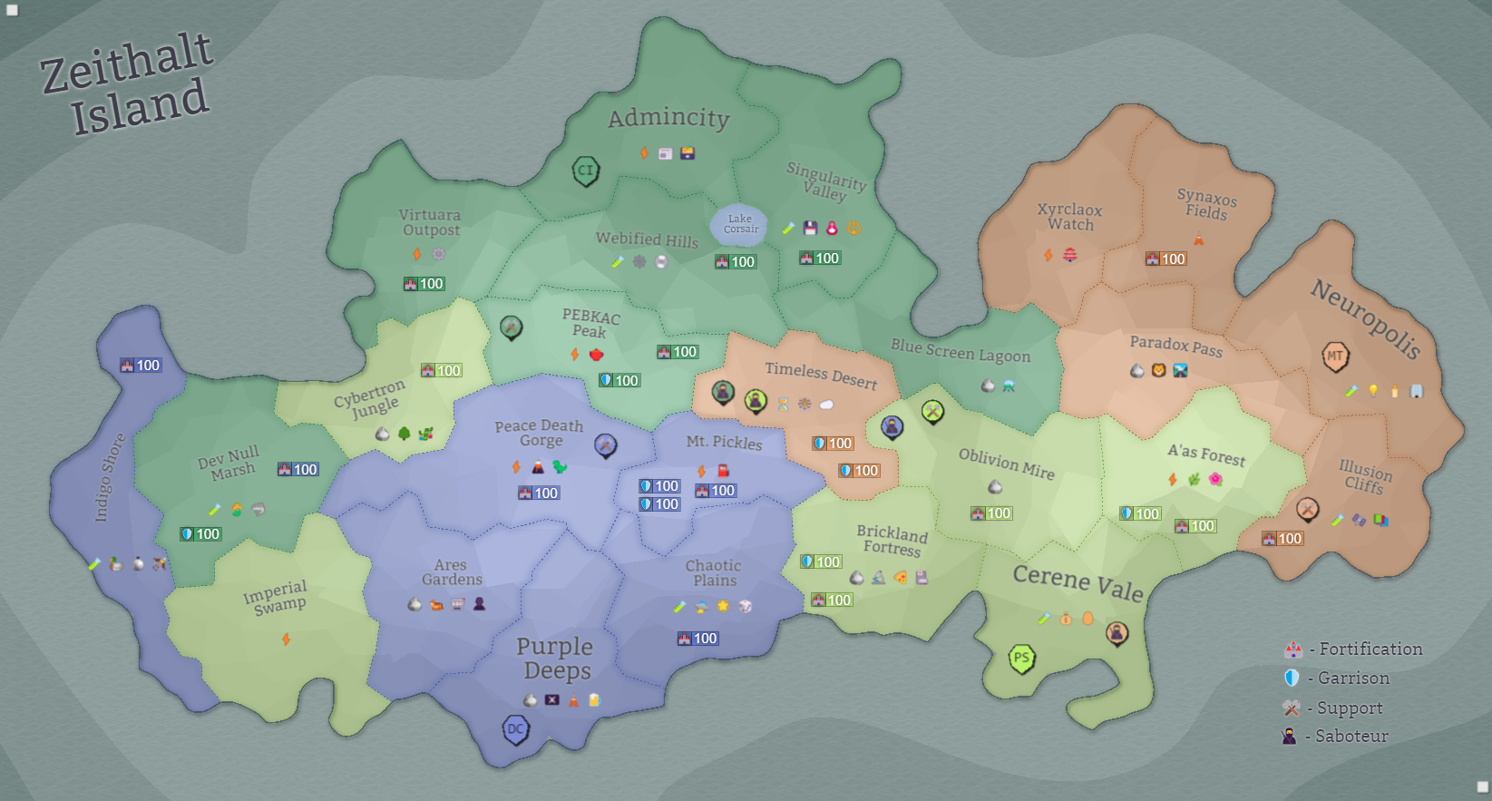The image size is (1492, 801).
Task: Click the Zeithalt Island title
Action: tap(127, 83)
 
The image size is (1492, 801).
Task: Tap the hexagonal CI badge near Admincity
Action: tap(586, 171)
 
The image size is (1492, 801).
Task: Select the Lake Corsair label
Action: tap(740, 224)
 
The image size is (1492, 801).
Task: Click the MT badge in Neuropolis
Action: tap(1335, 357)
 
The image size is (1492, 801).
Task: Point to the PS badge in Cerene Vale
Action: tap(1022, 659)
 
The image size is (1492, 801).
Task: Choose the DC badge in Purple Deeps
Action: tap(515, 729)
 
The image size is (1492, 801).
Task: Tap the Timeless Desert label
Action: tap(821, 376)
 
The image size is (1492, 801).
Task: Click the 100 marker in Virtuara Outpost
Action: tap(424, 284)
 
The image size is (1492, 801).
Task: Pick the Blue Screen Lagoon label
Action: tap(961, 351)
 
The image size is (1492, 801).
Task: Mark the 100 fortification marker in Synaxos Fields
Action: tap(1165, 259)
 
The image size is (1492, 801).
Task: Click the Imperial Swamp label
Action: tap(275, 598)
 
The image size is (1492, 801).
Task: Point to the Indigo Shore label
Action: tap(110, 477)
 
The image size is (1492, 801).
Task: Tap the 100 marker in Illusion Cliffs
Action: tap(1282, 539)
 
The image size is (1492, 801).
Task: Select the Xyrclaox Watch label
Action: tap(1070, 217)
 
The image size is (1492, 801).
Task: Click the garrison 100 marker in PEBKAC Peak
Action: tap(619, 381)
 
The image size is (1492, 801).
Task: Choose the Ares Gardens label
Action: tap(452, 572)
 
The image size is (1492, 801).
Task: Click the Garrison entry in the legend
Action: tap(1337, 679)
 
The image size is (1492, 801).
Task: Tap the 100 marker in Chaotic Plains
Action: tap(697, 639)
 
